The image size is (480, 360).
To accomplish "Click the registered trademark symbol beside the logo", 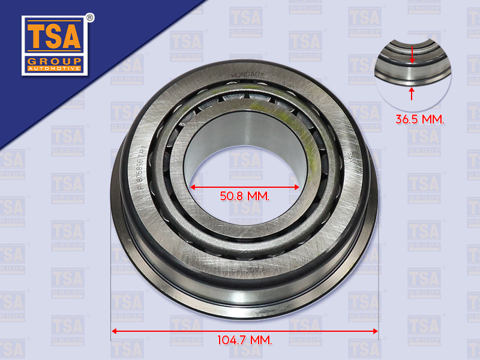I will point(89,17).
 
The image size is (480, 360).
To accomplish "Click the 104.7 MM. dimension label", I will point(244,340).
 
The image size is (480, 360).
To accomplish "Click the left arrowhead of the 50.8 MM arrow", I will point(194,187).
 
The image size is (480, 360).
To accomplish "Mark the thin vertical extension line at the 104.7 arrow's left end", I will point(111,288).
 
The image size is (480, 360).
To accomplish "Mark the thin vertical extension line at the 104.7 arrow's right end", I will point(378,288).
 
